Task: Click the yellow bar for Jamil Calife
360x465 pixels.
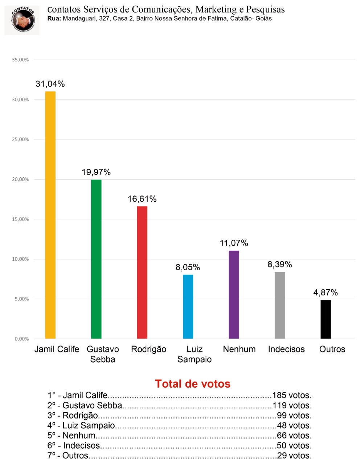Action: pos(50,215)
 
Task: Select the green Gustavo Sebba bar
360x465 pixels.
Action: pos(96,259)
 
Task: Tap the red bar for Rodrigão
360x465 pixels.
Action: pos(142,272)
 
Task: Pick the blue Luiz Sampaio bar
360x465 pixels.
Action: pos(188,307)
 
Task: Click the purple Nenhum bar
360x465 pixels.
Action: pos(234,295)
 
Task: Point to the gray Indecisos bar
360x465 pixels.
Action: pos(280,305)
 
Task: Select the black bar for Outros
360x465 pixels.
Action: pos(326,319)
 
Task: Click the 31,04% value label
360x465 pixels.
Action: pos(50,84)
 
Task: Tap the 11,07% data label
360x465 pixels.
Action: pos(234,243)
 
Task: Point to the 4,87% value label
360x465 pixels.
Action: pos(326,292)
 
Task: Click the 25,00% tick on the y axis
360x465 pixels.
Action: pos(20,139)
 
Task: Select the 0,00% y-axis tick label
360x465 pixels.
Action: pos(22,339)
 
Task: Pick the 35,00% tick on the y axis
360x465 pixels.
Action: pos(20,60)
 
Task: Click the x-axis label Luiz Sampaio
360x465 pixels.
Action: pos(195,354)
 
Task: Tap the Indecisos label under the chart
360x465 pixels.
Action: pos(286,349)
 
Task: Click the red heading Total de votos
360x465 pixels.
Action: pos(193,384)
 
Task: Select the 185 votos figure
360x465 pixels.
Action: pos(292,395)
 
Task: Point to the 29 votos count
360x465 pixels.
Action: pos(294,456)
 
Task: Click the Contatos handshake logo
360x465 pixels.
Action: pos(22,20)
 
